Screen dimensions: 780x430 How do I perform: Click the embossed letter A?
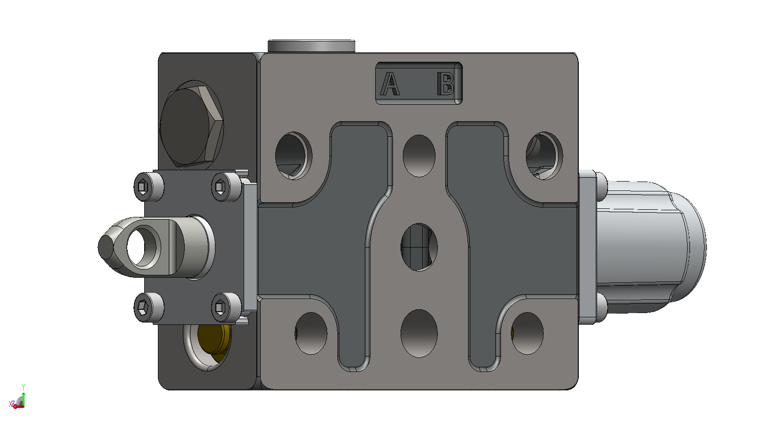[x=390, y=83]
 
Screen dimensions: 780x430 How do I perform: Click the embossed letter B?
[x=446, y=83]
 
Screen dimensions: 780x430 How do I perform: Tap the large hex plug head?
[x=191, y=125]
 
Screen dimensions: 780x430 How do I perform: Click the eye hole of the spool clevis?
[x=143, y=247]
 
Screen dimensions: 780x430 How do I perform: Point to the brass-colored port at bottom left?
[x=213, y=340]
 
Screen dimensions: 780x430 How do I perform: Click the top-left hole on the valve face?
[x=293, y=156]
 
